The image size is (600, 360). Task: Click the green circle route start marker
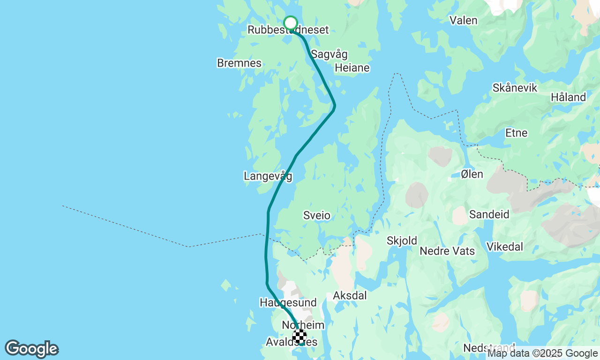point(291,23)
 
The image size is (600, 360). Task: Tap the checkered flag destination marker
point(300,336)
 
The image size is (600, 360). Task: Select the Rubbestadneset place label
point(288,30)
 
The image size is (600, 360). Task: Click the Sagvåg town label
point(330,54)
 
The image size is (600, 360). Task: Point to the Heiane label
point(352,68)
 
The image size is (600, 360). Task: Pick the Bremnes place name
point(239,63)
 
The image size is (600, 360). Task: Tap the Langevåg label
point(268,176)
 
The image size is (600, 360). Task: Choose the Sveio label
point(317,216)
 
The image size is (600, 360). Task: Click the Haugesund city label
point(288,303)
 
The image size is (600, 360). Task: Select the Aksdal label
point(350,296)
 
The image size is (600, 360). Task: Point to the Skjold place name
point(402,241)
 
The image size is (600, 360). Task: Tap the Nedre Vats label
point(447,251)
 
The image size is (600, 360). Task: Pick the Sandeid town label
point(489,215)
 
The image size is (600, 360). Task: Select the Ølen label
point(472,174)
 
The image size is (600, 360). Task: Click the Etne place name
point(517,133)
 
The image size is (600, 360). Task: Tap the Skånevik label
point(515,88)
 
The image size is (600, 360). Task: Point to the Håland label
point(568,97)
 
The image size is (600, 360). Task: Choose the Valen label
point(463,21)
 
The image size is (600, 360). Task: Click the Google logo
point(31,349)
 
